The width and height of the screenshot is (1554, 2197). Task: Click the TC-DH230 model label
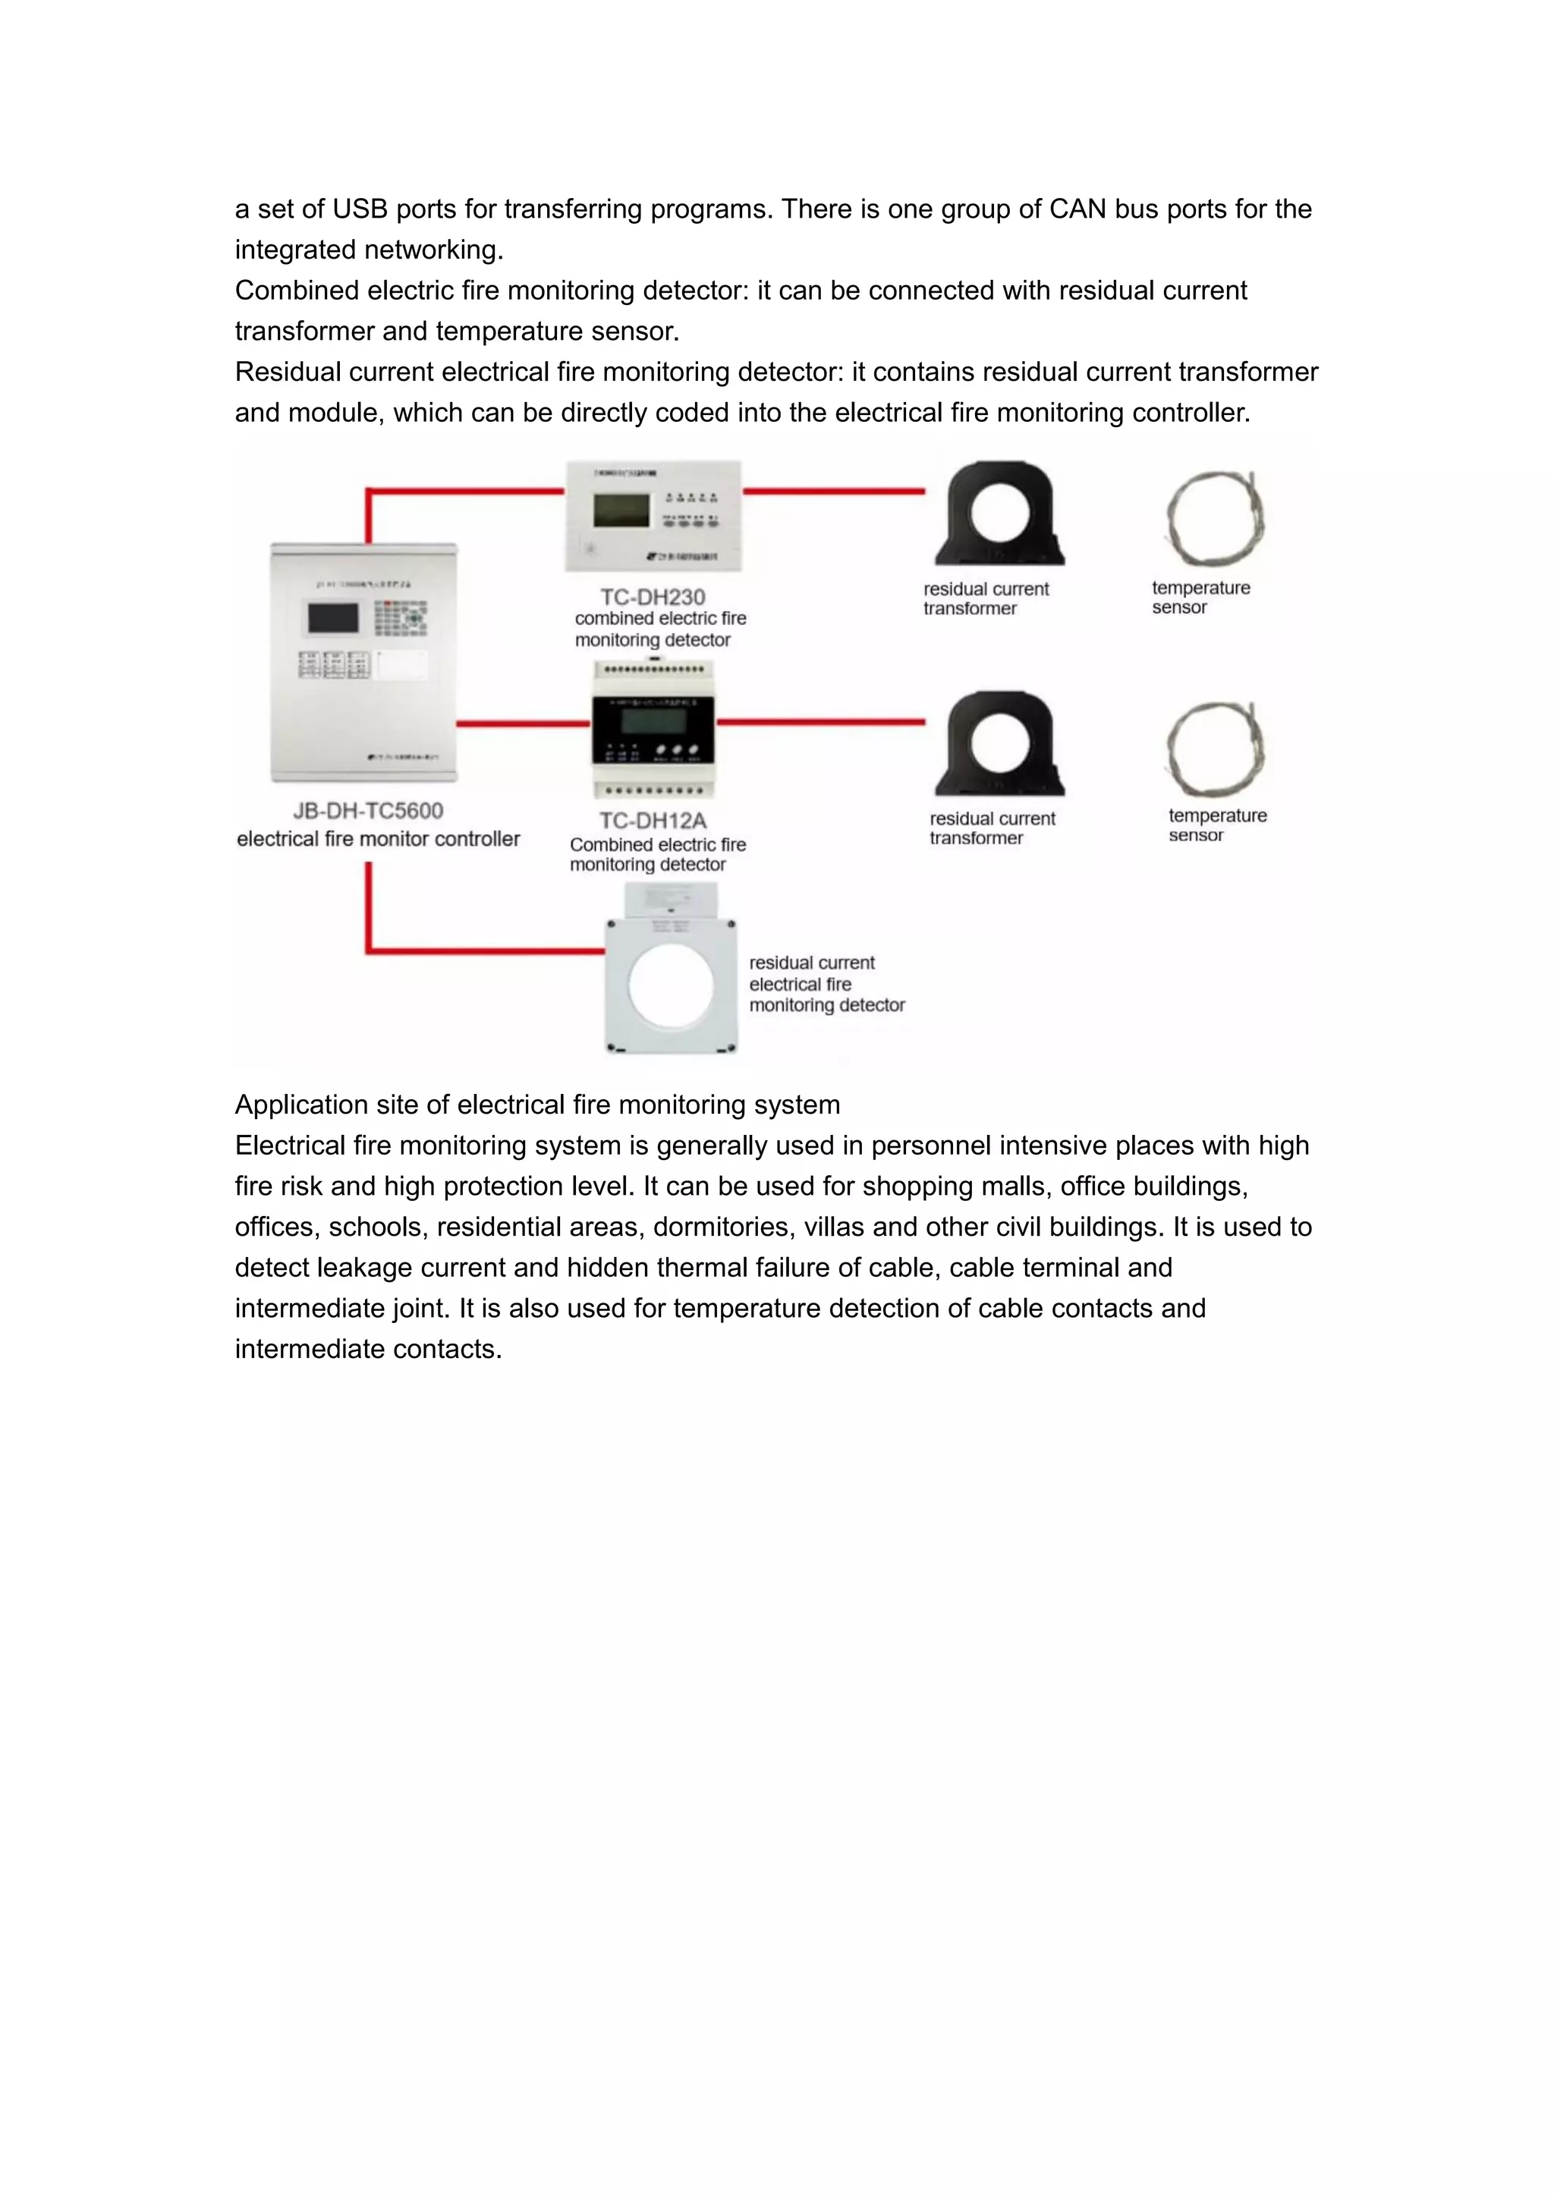pyautogui.click(x=653, y=596)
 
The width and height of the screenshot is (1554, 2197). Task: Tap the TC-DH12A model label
pyautogui.click(x=653, y=820)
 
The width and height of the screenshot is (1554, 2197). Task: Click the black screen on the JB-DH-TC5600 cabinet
pyautogui.click(x=333, y=618)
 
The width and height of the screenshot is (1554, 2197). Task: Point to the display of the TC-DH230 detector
pyautogui.click(x=621, y=510)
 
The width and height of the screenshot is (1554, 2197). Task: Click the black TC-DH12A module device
pyautogui.click(x=653, y=729)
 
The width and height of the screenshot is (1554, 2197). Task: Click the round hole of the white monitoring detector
pyautogui.click(x=671, y=985)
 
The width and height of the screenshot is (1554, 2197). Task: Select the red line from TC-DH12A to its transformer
pyautogui.click(x=821, y=722)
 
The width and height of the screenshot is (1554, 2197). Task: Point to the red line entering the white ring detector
pyautogui.click(x=488, y=950)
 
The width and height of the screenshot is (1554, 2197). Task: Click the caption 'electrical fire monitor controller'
pyautogui.click(x=378, y=838)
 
